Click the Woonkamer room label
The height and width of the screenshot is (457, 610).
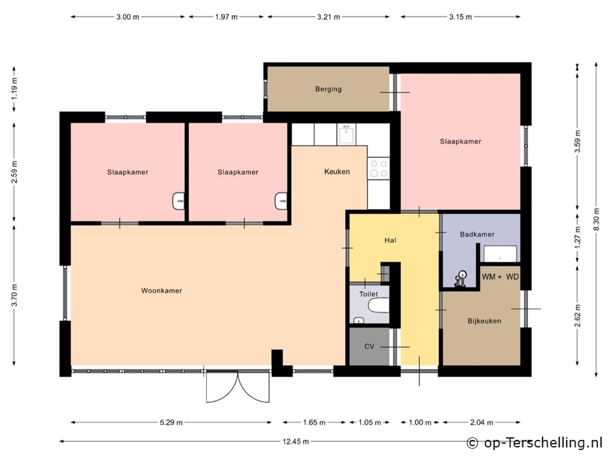tap(161, 290)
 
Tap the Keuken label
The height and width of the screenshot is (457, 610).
tap(337, 171)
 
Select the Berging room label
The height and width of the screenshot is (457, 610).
tap(329, 89)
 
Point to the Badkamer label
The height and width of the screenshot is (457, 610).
tap(477, 235)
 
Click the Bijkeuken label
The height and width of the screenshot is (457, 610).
tap(484, 321)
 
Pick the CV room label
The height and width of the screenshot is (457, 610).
tap(369, 346)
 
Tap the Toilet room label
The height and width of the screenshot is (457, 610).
tap(369, 294)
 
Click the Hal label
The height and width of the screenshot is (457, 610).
tap(390, 240)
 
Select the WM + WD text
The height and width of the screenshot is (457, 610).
tap(500, 276)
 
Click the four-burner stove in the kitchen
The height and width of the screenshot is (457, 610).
tap(379, 168)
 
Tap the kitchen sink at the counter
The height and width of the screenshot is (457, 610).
tap(347, 135)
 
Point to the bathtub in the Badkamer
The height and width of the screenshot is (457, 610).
tap(500, 254)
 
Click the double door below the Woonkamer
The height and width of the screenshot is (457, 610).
tap(238, 386)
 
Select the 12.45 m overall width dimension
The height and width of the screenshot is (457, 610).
tap(295, 442)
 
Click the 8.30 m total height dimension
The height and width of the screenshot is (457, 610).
tap(596, 219)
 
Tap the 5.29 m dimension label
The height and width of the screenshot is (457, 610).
tap(171, 422)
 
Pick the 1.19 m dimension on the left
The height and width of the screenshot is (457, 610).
tap(15, 89)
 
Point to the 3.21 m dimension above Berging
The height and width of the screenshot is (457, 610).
tap(329, 17)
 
